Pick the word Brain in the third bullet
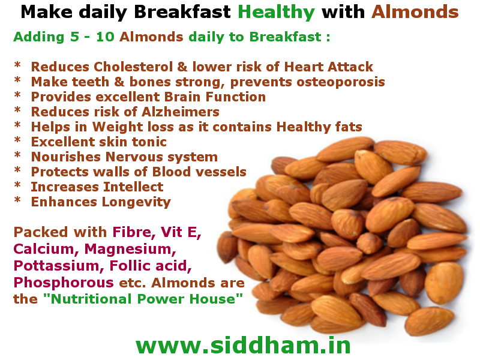pos(172,97)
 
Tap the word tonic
pos(149,142)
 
